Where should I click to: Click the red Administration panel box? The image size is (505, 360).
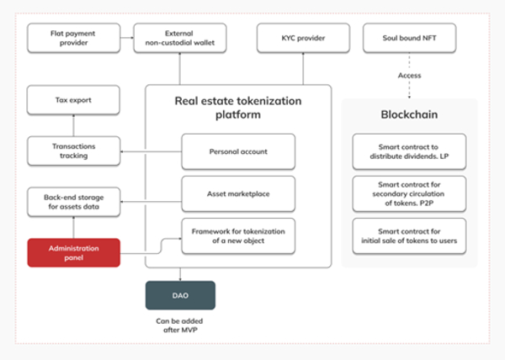tap(74, 253)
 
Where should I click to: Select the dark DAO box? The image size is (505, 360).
tap(180, 295)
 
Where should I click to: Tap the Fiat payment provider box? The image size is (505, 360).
tap(74, 38)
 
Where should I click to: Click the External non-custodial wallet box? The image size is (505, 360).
tap(180, 38)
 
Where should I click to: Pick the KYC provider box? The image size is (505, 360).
tap(303, 38)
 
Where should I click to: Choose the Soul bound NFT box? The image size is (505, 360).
tap(409, 38)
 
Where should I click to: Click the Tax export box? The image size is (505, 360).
tap(73, 100)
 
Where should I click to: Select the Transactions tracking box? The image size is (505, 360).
tap(74, 151)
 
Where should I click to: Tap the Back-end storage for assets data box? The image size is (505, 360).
tap(74, 202)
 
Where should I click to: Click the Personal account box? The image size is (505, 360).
tap(238, 151)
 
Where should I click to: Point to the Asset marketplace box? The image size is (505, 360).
tap(238, 193)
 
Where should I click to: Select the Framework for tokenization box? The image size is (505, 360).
tap(238, 236)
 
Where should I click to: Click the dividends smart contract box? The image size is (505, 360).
tap(409, 151)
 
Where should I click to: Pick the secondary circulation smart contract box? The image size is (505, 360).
tap(409, 193)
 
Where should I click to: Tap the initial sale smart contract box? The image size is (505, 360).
tap(409, 236)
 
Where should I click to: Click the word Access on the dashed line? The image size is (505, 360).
tap(409, 76)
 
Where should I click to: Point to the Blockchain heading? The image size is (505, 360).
tap(409, 114)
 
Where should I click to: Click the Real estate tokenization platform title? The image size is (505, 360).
tap(238, 108)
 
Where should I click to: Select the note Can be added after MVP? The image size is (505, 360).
tap(180, 326)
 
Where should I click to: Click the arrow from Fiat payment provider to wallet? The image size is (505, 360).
tap(127, 38)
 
